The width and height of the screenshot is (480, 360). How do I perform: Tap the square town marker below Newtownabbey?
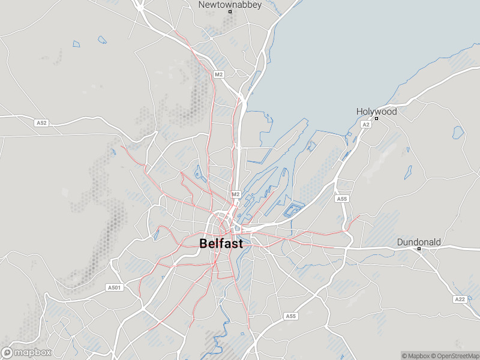230,11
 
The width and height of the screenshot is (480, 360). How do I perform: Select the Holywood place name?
376,112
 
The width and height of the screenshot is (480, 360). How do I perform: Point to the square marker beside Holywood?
376,119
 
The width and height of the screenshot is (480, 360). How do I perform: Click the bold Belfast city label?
221,244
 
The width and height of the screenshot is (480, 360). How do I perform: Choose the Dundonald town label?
419,242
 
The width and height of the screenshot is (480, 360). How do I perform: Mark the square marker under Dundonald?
419,249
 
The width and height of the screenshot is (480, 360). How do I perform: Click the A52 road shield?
41,123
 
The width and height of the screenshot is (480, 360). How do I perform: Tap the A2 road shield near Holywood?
366,124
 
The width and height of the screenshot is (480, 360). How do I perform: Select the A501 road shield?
114,288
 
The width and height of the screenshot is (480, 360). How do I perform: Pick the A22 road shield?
460,299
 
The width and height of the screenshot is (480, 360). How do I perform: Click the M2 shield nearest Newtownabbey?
218,74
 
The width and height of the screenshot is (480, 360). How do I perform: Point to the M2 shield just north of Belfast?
236,194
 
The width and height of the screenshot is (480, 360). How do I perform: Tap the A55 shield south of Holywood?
341,199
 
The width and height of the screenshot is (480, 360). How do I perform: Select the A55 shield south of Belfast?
291,316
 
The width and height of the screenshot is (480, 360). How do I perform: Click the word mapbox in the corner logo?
33,353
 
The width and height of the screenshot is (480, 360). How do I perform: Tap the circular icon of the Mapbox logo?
8,353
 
